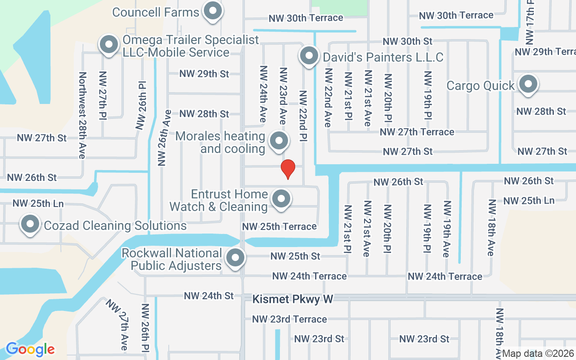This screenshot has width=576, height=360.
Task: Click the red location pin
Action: coord(288,169)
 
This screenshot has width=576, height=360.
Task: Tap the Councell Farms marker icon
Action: coord(213,11)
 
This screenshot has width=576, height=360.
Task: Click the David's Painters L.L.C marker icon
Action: coord(309,56)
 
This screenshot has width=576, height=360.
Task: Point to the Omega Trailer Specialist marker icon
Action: coord(108,45)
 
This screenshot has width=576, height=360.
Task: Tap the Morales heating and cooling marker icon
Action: coord(279,141)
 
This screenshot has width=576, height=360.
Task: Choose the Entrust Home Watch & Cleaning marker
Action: coord(281,198)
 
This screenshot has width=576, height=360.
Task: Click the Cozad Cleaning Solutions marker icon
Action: coord(30,224)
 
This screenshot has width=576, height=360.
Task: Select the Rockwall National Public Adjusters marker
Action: coord(234,258)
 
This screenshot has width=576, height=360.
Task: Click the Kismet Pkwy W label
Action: coord(292,299)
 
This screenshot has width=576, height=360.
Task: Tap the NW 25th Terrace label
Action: coord(279,226)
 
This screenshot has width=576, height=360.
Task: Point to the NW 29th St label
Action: coord(204,73)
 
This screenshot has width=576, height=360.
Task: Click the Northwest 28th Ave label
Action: coord(82,115)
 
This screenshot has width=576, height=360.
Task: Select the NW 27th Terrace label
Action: coord(417,132)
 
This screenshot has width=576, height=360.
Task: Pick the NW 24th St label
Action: coord(209,296)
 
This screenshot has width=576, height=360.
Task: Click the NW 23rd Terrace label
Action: coord(289,319)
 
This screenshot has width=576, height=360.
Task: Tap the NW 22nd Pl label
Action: coord(303,115)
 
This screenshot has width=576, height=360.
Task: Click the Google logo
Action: coord(30,349)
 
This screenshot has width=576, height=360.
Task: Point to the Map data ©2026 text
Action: coord(538,353)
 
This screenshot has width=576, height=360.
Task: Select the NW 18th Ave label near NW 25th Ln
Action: coord(491,228)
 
